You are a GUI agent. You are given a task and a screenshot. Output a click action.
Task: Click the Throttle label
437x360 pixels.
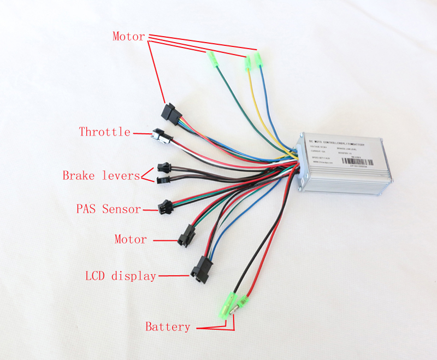[104, 132]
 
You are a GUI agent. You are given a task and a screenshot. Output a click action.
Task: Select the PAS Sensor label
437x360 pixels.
[108, 209]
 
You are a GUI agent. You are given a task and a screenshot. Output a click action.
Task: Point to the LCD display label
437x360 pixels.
[120, 276]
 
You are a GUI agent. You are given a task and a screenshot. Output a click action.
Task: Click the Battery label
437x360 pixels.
[168, 327]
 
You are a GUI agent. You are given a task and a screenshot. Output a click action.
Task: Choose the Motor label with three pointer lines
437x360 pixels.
[128, 37]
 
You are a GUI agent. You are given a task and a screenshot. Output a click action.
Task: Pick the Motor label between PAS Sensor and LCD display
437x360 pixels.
[131, 239]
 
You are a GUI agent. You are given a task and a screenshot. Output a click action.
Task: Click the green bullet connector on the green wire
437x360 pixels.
[212, 57]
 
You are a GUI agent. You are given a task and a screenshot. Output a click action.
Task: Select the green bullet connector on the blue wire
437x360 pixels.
[259, 58]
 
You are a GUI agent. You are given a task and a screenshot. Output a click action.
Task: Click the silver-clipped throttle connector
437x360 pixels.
[161, 134]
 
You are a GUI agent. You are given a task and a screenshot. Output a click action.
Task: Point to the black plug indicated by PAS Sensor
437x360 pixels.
[164, 207]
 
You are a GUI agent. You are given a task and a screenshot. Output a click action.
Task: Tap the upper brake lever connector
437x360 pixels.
[163, 166]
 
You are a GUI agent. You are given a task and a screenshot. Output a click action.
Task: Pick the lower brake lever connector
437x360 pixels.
[163, 179]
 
